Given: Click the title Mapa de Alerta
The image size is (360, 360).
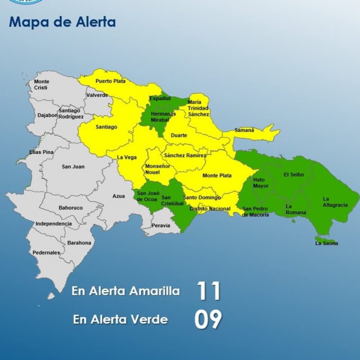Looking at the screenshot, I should pyautogui.click(x=62, y=22).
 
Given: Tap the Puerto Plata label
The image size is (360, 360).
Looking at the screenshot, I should pyautogui.click(x=110, y=81).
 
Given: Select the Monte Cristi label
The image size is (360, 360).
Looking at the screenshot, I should pyautogui.click(x=41, y=85).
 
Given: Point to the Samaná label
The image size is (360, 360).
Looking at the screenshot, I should pyautogui.click(x=244, y=130).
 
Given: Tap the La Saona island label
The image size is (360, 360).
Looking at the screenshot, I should pyautogui.click(x=326, y=243).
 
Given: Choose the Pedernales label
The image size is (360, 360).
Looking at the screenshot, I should pyautogui.click(x=46, y=252).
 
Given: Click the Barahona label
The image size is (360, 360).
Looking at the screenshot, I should pyautogui.click(x=79, y=243).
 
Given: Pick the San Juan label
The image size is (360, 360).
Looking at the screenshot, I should pyautogui.click(x=73, y=167).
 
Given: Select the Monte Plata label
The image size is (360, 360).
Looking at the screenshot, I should pyautogui.click(x=216, y=176).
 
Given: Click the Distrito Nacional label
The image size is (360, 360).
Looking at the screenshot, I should pyautogui.click(x=210, y=209).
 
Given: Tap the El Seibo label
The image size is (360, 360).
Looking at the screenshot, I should pyautogui.click(x=293, y=175).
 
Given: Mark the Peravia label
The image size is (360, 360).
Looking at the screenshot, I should pyautogui.click(x=160, y=225).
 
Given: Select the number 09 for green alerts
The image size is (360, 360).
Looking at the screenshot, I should pyautogui.click(x=208, y=319).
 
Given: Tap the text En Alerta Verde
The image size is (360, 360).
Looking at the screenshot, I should pyautogui.click(x=120, y=319).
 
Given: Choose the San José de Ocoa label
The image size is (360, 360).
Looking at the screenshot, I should pyautogui.click(x=147, y=196).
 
